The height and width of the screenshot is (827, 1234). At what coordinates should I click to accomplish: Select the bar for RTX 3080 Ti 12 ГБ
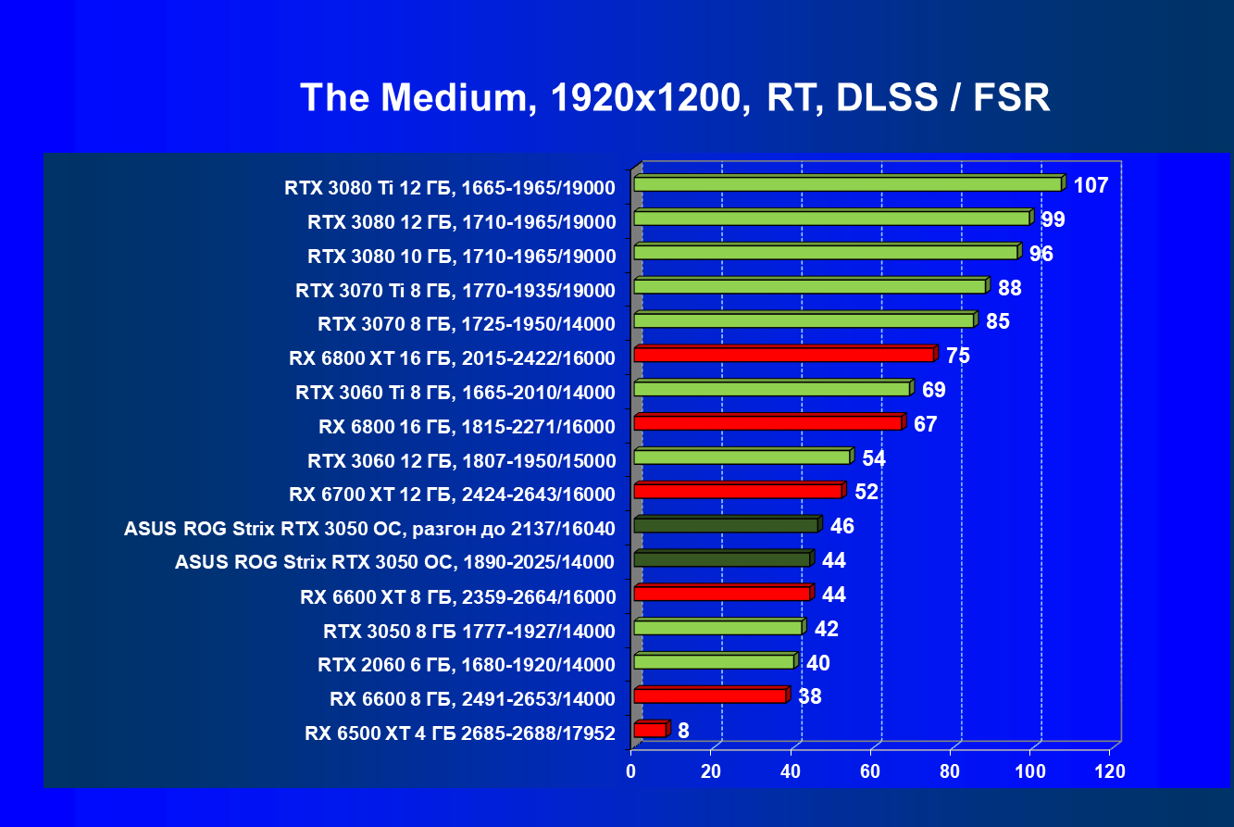point(847,184)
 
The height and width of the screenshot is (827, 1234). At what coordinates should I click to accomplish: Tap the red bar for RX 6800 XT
point(784,355)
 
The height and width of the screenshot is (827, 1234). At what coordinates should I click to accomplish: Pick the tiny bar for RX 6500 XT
point(650,731)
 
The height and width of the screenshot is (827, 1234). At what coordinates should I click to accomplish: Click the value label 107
point(1091,185)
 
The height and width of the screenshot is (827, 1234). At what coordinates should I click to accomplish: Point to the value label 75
point(957,356)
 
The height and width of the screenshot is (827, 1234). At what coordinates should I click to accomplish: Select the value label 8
point(683,731)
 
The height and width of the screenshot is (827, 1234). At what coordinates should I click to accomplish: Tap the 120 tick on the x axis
point(1109,771)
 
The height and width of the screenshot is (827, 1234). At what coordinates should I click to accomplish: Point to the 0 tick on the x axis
point(631,771)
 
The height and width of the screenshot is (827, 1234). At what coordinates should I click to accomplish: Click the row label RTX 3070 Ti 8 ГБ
point(455,291)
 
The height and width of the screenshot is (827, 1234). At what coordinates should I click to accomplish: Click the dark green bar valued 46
point(726,525)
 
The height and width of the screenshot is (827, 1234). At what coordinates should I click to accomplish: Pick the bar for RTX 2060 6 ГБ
point(714,661)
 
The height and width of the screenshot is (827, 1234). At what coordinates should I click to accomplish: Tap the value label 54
point(875,457)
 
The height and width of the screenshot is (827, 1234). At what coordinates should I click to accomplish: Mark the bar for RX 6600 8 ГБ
point(710,695)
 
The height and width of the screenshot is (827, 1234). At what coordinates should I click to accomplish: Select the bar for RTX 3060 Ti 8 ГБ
point(772,389)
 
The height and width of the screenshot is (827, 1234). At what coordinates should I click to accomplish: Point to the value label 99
point(1053,219)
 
